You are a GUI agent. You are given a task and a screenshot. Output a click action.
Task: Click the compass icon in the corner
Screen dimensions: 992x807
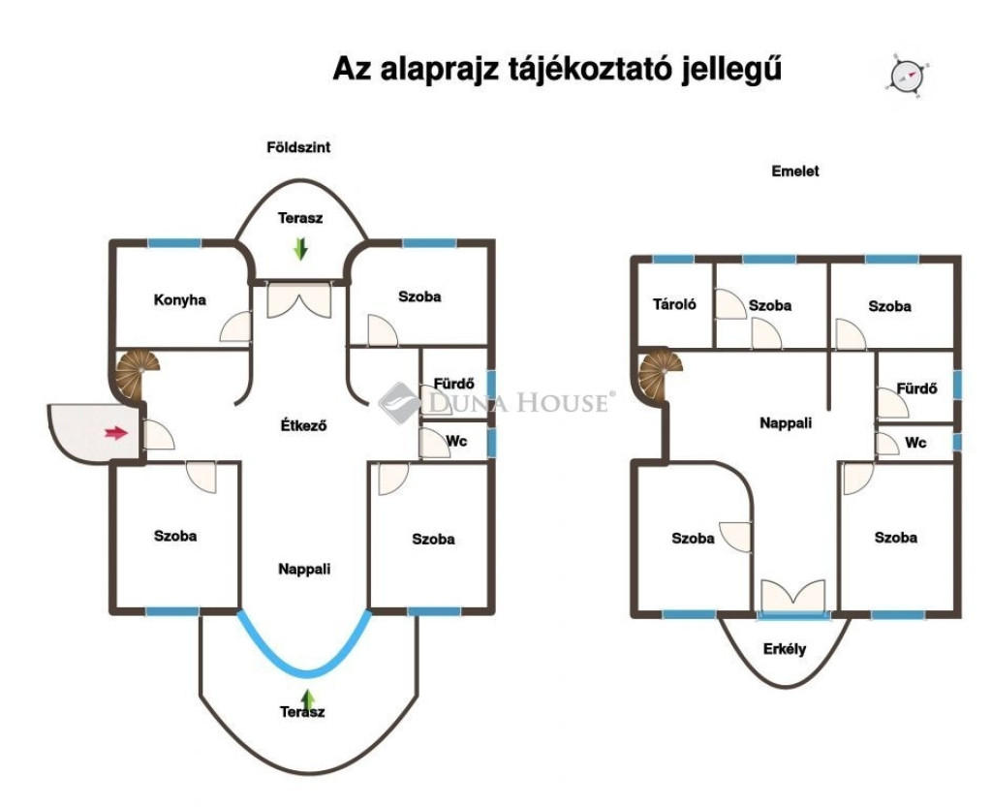point(909,76)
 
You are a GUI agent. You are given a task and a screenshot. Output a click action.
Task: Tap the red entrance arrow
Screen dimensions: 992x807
point(116,433)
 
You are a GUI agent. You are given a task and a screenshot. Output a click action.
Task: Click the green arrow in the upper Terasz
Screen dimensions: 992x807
point(300,249)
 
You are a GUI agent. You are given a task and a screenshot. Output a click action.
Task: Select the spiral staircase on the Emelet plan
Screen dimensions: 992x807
point(659,374)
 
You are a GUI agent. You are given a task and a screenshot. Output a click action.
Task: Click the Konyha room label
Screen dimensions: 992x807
point(179,299)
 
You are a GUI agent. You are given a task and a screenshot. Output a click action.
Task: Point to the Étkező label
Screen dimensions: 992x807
point(303,425)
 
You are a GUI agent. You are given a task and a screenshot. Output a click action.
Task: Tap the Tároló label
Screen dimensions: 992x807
point(674,304)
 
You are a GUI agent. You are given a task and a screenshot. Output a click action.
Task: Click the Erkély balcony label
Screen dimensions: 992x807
point(785,649)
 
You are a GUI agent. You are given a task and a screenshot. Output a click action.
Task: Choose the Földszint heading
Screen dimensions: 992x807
point(298,147)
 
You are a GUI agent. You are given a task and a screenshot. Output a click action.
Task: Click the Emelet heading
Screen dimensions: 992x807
point(795,171)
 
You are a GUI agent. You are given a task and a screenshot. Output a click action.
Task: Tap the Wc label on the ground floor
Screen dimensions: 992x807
point(457,440)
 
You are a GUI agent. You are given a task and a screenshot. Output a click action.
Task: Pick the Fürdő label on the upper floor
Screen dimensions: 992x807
point(916,388)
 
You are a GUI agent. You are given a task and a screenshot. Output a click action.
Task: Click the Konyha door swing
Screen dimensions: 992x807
point(235,327)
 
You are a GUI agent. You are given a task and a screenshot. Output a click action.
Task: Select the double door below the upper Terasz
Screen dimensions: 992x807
point(299,300)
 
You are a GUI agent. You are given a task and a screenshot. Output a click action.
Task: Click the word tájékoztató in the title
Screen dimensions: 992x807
point(592,69)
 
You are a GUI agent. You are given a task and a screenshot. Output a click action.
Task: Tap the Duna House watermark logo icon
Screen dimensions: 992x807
point(399,402)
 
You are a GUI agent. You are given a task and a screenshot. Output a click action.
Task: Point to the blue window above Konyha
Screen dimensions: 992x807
point(174,243)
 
